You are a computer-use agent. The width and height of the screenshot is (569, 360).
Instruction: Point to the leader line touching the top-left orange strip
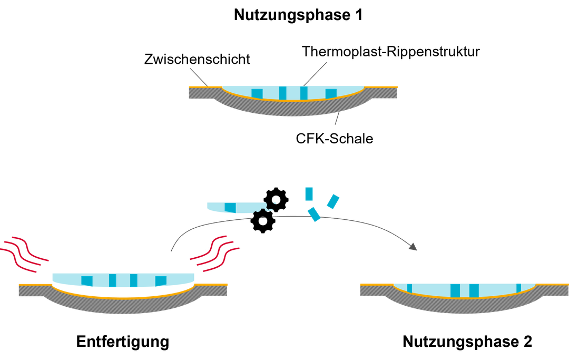coord(198,77)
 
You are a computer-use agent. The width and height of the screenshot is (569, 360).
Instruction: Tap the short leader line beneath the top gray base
coord(336,120)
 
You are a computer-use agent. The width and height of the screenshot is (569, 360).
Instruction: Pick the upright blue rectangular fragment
coord(309,193)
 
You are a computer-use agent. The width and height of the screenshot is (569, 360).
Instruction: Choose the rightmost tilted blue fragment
coord(333,201)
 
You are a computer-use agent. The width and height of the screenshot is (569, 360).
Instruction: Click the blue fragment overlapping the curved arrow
coord(314,215)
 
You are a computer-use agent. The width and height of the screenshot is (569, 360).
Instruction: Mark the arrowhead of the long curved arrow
coord(413,246)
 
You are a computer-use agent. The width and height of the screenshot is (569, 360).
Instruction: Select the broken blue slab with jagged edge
coord(234,207)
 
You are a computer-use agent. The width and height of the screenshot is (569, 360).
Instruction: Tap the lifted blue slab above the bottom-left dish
coord(123,279)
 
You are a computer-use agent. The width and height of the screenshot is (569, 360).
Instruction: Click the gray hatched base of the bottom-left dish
coord(123,306)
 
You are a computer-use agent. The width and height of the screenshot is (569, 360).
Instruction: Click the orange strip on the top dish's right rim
coord(381,86)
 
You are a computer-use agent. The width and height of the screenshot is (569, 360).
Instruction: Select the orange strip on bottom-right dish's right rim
coord(552,284)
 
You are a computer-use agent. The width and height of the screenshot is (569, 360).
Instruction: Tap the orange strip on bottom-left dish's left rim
coord(35,284)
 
